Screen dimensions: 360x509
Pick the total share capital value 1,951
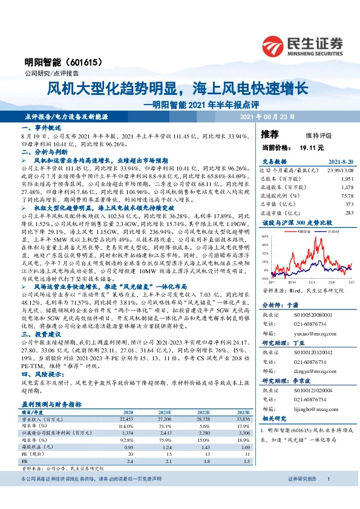pos(347,180)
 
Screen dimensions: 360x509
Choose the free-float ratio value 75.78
pos(346,196)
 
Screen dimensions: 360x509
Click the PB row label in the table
pos(25,444)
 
